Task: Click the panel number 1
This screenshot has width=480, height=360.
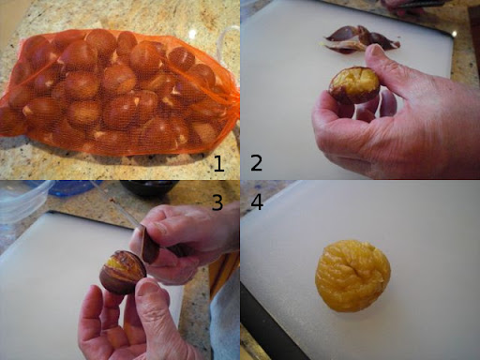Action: (219, 163)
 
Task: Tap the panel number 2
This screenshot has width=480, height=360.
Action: (256, 163)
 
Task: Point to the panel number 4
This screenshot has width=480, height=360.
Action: (257, 202)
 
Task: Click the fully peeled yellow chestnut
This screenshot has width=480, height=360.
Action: (352, 276)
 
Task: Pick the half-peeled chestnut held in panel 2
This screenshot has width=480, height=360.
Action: (354, 84)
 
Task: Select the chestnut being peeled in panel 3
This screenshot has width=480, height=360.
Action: (123, 272)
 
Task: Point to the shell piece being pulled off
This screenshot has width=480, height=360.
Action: (150, 246)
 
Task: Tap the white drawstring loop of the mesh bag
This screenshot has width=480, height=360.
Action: (230, 39)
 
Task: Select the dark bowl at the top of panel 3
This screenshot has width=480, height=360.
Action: (149, 187)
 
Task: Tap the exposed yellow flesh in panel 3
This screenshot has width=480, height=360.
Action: (117, 262)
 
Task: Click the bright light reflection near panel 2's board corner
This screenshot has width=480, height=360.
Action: (455, 33)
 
